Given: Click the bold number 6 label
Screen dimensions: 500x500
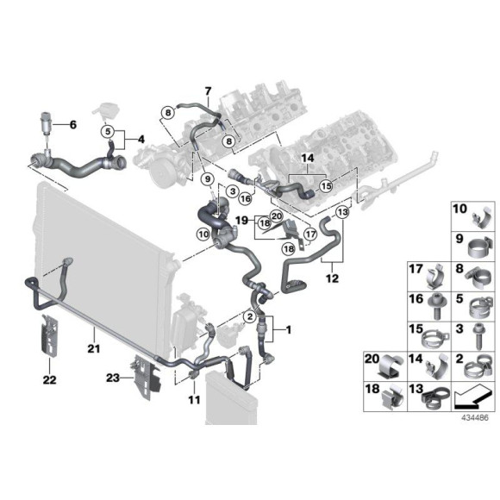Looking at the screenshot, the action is pos(72,125).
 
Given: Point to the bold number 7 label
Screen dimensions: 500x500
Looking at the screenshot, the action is pos(207,91).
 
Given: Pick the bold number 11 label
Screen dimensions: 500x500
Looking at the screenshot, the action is pos(192,402).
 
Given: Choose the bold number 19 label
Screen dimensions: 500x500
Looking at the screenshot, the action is pos(243,221).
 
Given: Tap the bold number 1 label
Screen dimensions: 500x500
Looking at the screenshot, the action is pos(289,329).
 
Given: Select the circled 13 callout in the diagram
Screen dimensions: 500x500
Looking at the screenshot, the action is pos(342,212).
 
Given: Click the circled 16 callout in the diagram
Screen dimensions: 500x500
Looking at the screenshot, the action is pos(245,198).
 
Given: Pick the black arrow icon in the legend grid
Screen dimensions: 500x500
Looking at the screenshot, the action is pos(467,399).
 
